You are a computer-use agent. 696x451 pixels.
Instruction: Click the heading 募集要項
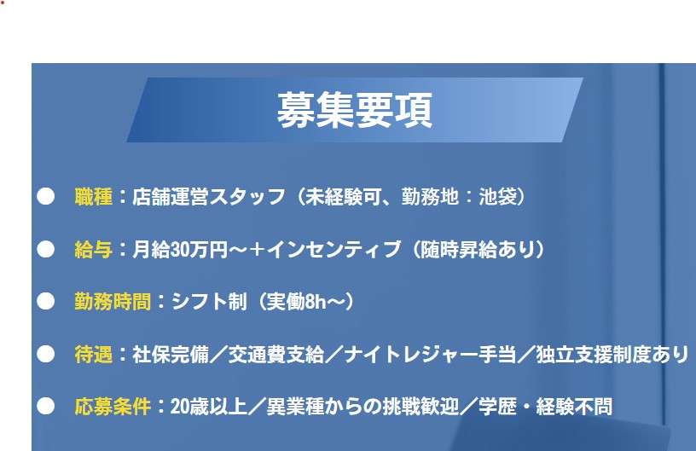pos(354,110)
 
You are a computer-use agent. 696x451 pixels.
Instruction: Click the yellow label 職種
pos(94,196)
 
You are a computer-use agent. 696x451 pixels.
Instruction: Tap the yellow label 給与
pos(94,249)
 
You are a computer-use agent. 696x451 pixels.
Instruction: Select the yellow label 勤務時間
pos(113,302)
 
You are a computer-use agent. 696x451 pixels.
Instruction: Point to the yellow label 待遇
pos(94,355)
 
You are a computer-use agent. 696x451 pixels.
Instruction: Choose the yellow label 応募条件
pos(113,406)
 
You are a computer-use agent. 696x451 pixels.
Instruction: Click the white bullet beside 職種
pos(46,196)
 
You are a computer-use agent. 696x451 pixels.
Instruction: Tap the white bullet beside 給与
pos(46,249)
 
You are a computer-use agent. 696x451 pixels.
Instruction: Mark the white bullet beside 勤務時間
pos(46,302)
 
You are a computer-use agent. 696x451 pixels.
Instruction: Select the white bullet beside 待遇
pos(46,355)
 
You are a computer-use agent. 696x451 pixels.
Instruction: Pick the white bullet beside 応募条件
pos(46,406)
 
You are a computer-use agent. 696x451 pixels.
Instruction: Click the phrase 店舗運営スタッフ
pos(209,196)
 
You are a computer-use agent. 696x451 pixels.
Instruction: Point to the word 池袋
pos(498,196)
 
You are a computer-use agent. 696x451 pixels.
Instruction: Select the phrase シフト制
pos(209,302)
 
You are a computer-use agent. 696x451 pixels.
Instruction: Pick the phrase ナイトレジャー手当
pos(430,355)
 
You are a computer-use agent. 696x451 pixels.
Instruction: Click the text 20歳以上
pos(209,406)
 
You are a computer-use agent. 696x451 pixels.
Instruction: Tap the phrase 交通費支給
pos(275,355)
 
